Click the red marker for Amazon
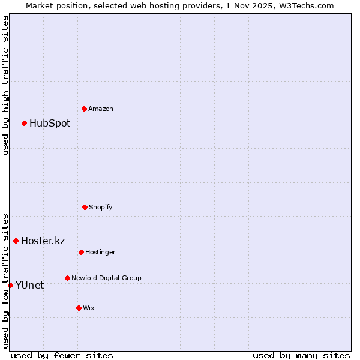point(84,109)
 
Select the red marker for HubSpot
point(24,123)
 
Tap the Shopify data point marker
point(85,207)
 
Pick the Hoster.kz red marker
point(16,241)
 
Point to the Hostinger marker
point(81,252)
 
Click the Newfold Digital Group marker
point(67,278)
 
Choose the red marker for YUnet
point(10,285)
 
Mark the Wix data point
point(79,308)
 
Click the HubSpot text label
point(50,124)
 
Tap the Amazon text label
point(101,109)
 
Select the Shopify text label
point(101,208)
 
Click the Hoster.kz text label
point(43,241)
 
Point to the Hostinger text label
point(100,253)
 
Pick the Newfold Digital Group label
point(106,278)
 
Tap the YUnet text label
point(29,286)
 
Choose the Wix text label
point(89,308)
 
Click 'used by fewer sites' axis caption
point(62,355)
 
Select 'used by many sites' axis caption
point(301,355)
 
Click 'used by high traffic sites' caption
point(5,85)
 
